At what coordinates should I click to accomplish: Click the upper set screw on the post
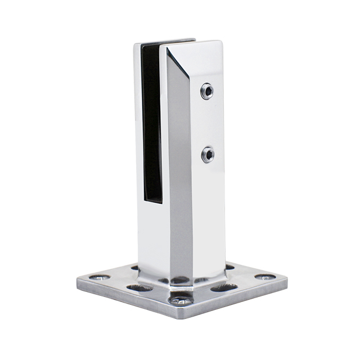pos(208,91)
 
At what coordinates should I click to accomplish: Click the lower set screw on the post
pos(208,154)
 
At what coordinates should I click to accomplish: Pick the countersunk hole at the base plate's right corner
pos(264,277)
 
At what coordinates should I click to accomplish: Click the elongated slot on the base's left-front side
pos(138,288)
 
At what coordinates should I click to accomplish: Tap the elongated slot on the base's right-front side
pos(224,288)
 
